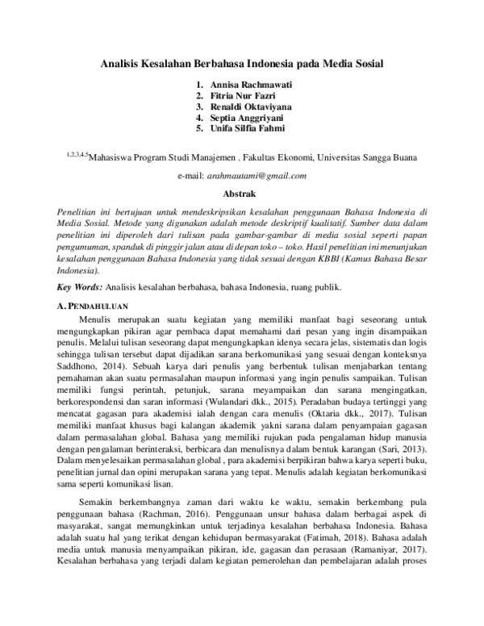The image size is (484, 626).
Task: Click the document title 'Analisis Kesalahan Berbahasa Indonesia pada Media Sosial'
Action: click(x=242, y=62)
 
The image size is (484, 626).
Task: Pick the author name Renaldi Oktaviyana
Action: click(x=250, y=106)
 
